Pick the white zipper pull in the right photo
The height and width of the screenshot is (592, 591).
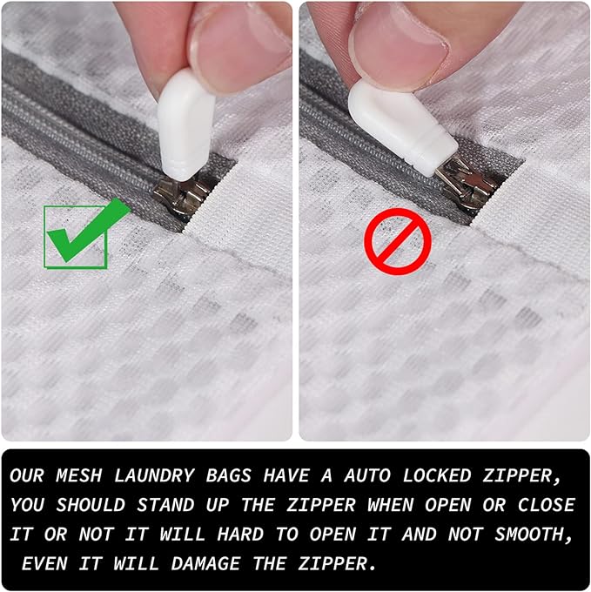(x=400, y=123)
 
